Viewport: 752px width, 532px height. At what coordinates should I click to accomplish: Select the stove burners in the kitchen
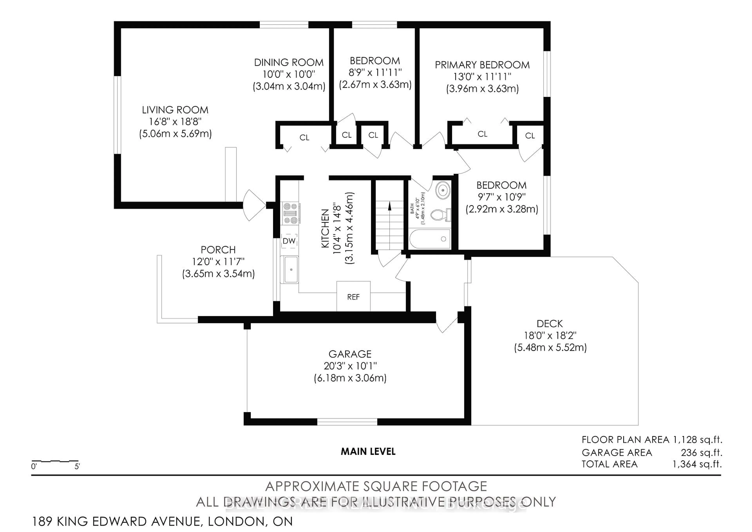pyautogui.click(x=290, y=213)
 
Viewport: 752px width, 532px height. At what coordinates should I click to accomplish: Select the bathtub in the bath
pyautogui.click(x=430, y=239)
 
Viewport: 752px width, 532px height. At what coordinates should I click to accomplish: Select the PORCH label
pyautogui.click(x=218, y=250)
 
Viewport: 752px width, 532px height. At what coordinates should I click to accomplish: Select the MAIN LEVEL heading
pyautogui.click(x=368, y=452)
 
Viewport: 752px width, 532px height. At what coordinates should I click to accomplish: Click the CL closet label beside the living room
pyautogui.click(x=304, y=138)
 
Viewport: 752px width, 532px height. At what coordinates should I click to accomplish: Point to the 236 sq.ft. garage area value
pyautogui.click(x=701, y=453)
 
